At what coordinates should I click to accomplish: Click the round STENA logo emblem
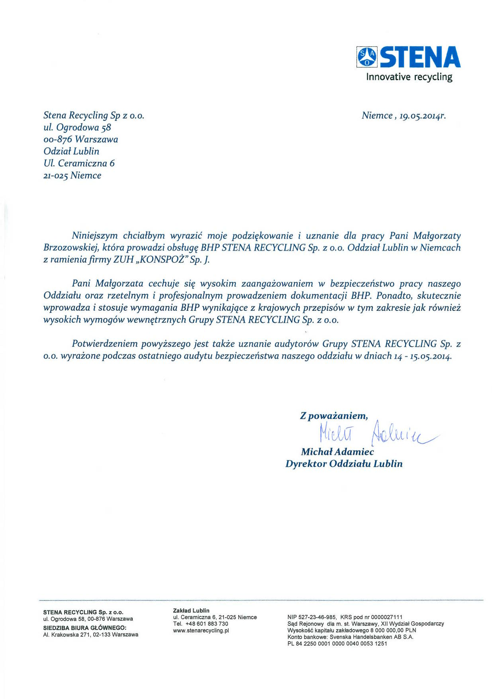366,57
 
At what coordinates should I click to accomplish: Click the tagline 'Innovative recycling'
409,77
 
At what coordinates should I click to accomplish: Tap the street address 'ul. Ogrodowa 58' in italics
77,127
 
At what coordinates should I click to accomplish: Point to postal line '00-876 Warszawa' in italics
80,139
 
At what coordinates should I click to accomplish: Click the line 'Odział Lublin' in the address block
71,151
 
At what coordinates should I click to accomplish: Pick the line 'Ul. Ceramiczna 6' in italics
79,163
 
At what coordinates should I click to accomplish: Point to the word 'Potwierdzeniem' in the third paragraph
104,344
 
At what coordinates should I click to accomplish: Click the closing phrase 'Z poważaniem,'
334,416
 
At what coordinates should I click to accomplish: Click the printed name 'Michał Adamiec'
337,452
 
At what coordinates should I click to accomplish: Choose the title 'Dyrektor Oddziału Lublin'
344,464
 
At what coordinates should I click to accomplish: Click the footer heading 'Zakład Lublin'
191,610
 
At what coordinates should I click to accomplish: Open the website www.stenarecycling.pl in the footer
201,630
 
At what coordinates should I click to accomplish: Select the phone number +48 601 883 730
207,624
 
